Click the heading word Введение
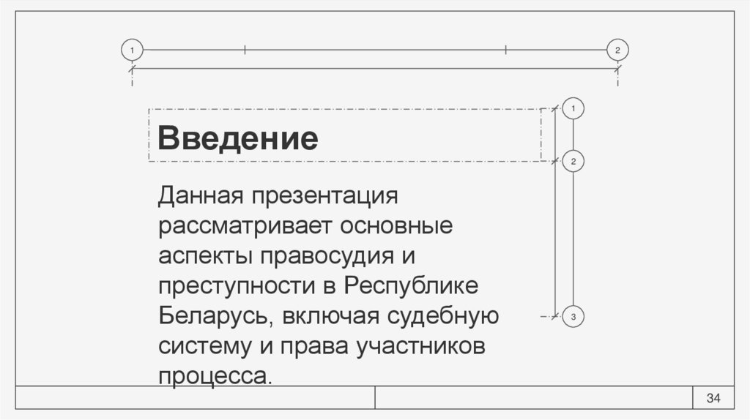(x=238, y=138)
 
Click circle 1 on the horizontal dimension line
(x=132, y=50)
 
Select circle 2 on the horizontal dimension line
(x=618, y=50)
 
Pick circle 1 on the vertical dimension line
(x=573, y=108)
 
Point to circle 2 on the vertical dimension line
(x=573, y=161)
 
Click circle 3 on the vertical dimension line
(x=573, y=317)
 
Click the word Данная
(x=201, y=196)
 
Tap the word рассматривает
(x=244, y=227)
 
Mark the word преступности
(x=235, y=288)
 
